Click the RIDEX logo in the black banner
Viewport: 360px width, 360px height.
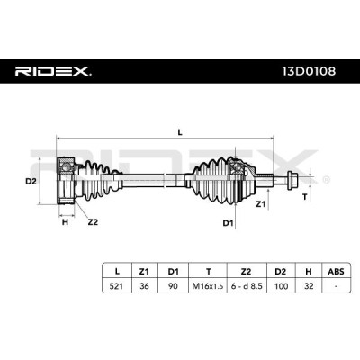point(53,71)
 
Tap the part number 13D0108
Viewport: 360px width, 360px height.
point(309,71)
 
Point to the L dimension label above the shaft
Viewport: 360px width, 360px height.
point(180,132)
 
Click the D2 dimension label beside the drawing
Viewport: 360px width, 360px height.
point(31,181)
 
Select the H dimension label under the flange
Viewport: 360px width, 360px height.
point(65,222)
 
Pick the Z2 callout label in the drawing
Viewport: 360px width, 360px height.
point(93,222)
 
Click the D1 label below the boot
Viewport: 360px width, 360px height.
point(228,223)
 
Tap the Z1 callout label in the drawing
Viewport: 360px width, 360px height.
point(260,204)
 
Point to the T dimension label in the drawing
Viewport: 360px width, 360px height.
point(305,197)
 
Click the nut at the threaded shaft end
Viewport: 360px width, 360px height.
point(292,180)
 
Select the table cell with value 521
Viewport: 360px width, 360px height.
point(116,286)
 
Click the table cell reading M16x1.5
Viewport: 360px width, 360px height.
point(208,286)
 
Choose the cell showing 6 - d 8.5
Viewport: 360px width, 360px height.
point(247,286)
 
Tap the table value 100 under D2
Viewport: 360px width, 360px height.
point(281,286)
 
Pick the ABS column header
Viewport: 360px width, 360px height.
point(336,272)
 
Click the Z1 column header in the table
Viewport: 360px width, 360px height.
point(144,272)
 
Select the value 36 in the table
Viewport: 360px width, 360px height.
point(144,286)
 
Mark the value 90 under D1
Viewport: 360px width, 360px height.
point(173,286)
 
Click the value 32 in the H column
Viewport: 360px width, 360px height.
point(309,286)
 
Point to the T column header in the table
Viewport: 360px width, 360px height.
point(208,272)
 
